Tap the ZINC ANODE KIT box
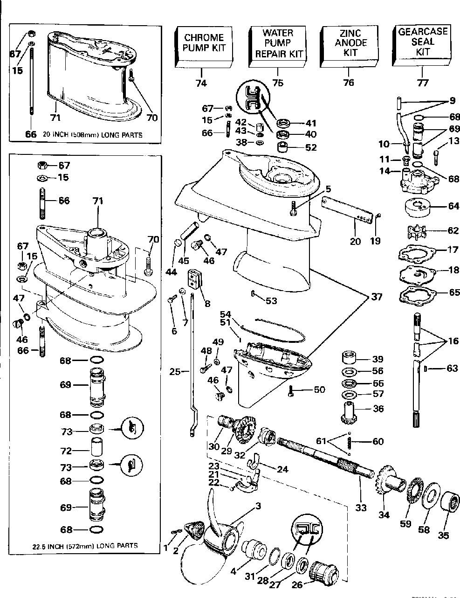coord(350,43)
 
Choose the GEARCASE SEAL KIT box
coord(422,42)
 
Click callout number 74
coord(201,83)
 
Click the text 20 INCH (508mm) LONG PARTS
coord(93,135)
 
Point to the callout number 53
coord(271,301)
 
